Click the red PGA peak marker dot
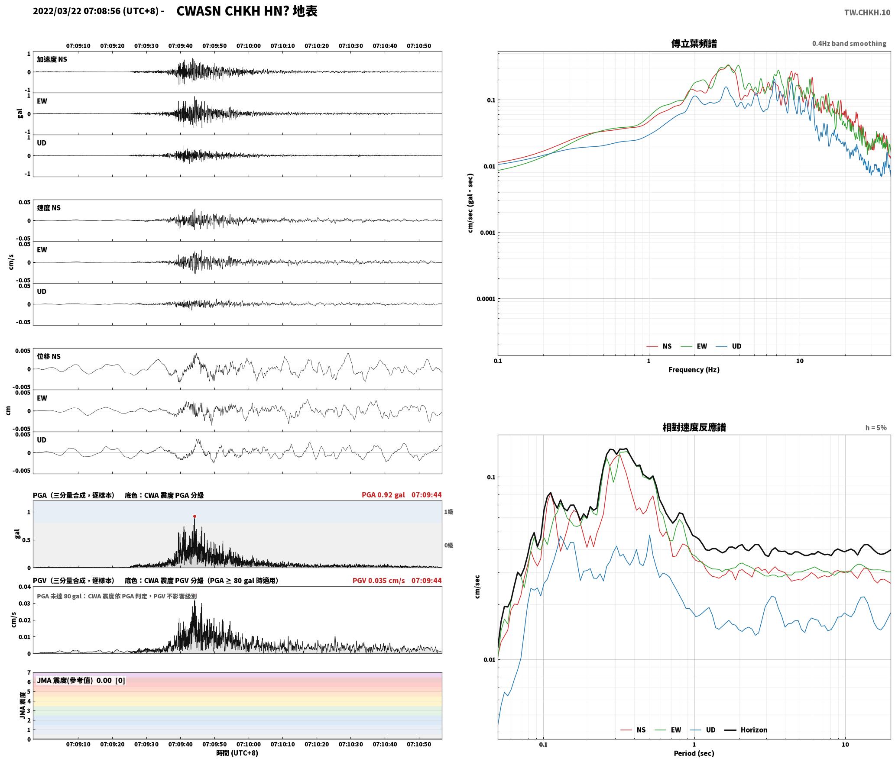coord(195,516)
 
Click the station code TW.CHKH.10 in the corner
coord(867,13)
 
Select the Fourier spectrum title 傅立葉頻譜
coord(694,44)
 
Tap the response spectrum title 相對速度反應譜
coord(694,427)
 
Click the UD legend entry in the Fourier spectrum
coord(729,346)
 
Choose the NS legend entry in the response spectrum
coord(633,730)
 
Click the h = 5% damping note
coord(876,428)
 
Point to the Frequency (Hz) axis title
coord(694,370)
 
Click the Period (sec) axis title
coord(694,753)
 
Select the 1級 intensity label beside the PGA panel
coord(448,512)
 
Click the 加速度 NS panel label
coord(52,59)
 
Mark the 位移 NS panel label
coord(49,356)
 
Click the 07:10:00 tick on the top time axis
coord(249,46)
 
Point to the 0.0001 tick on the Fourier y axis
coord(486,299)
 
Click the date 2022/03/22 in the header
coord(57,11)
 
